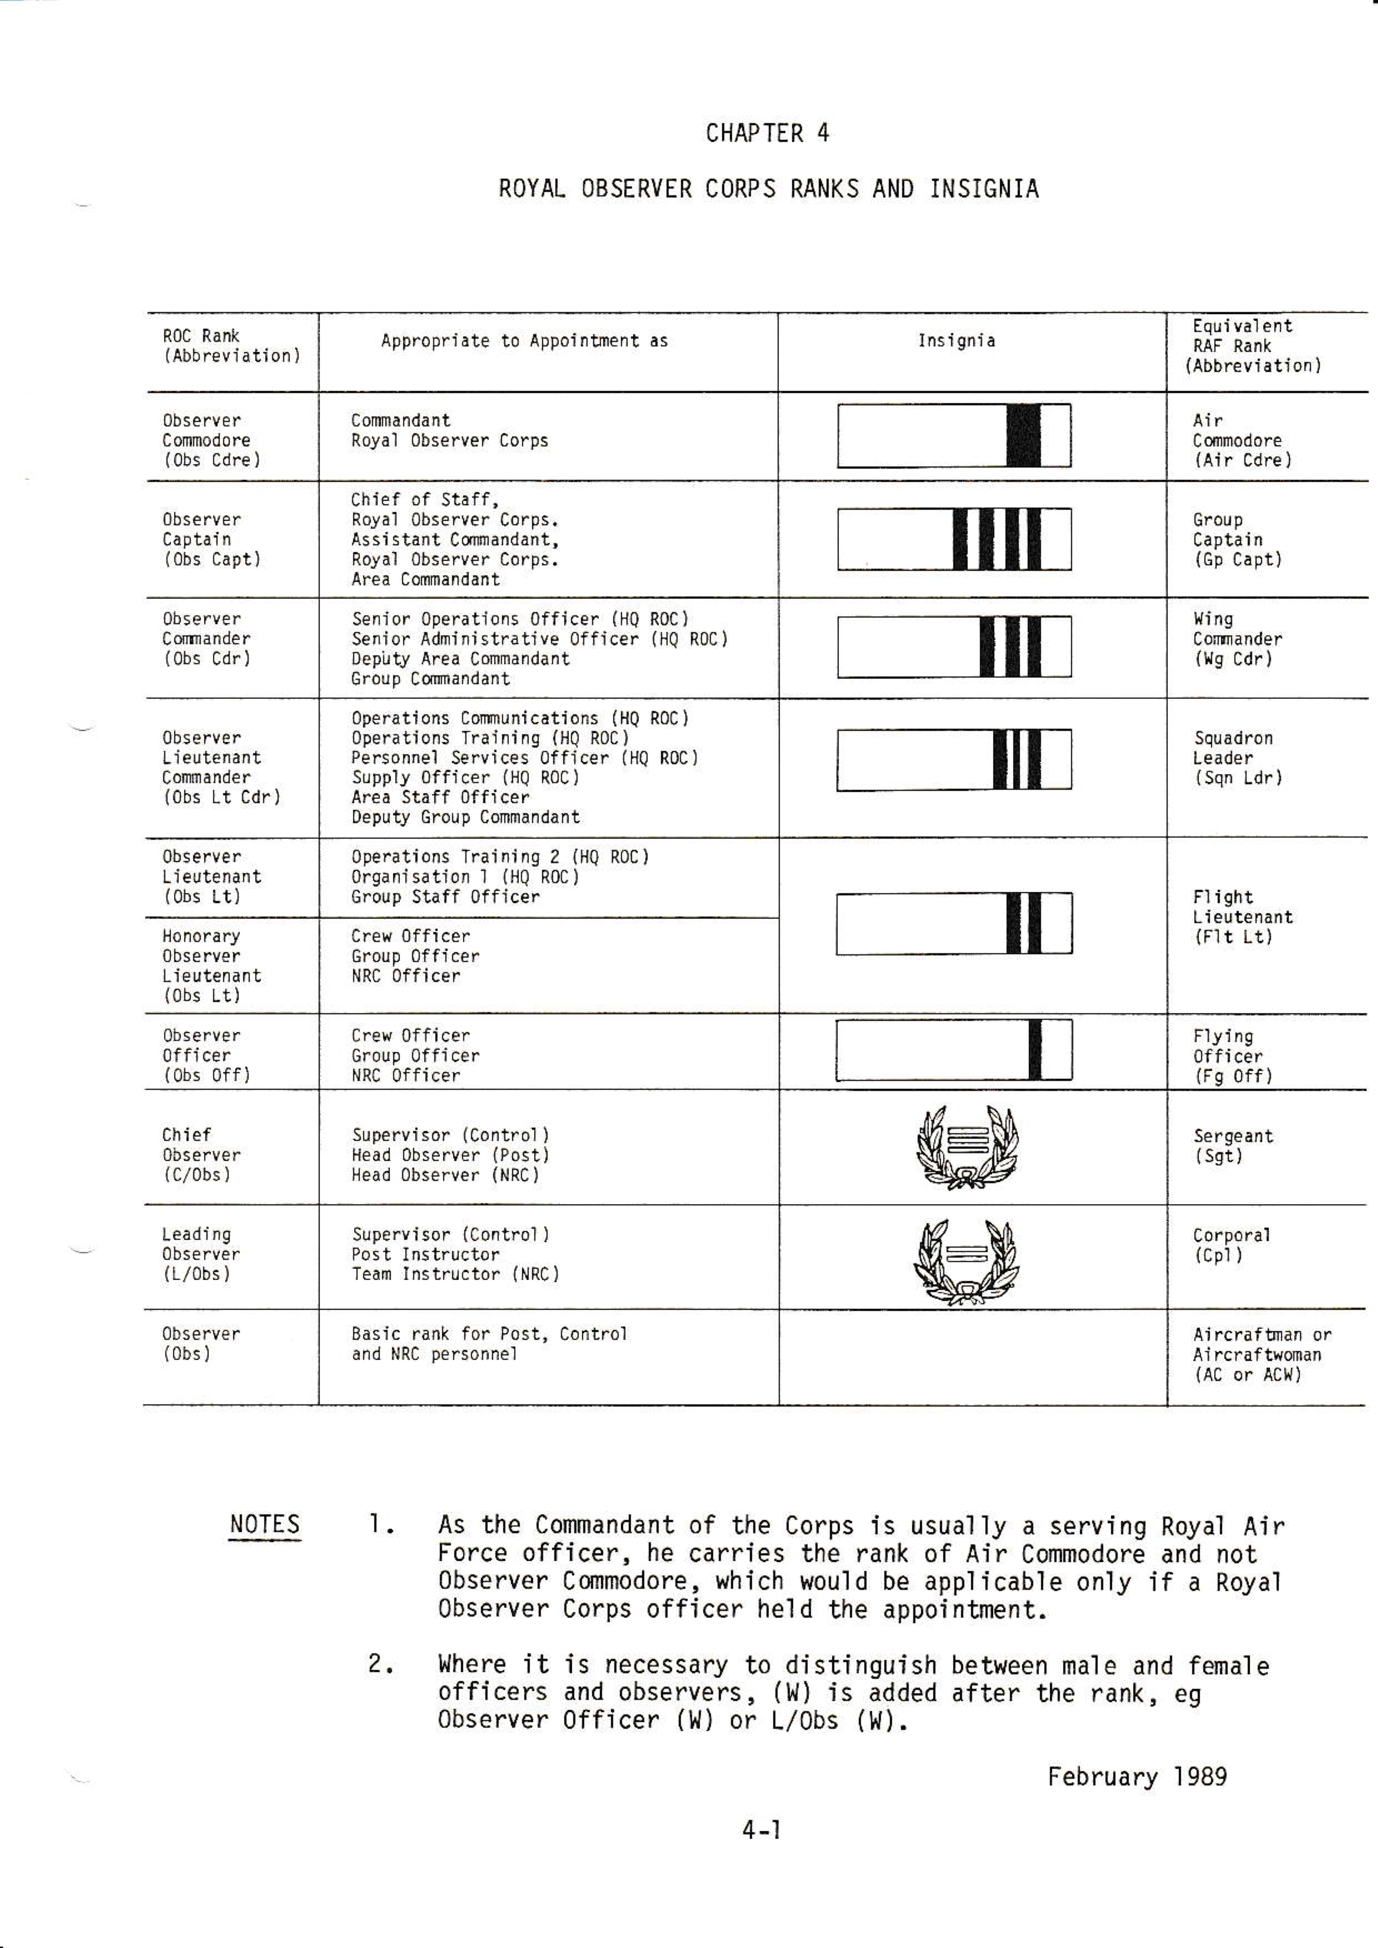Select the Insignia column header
[956, 341]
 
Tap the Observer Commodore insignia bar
[953, 435]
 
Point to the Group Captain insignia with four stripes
[953, 539]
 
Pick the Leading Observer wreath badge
[966, 1261]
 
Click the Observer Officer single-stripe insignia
[953, 1050]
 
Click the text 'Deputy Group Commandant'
[466, 817]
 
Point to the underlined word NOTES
[264, 1525]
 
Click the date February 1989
[1136, 1777]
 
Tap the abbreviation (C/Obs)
[196, 1175]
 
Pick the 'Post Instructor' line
[426, 1254]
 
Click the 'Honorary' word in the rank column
[201, 936]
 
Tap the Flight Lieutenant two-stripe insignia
[953, 923]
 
